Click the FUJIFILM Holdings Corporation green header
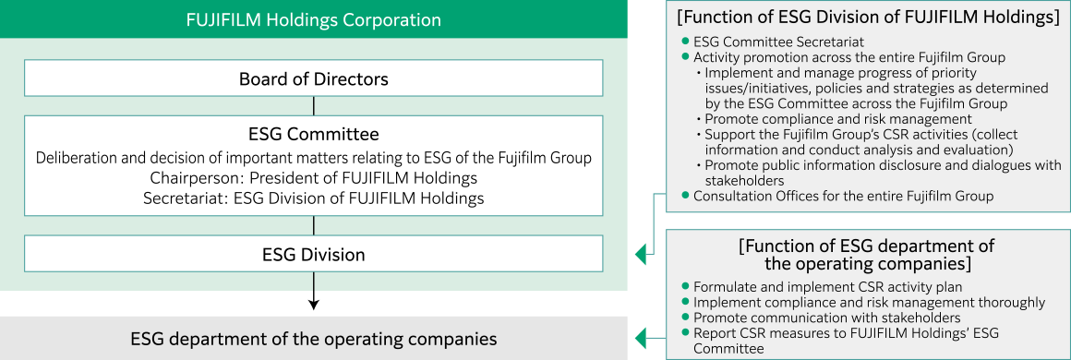tap(314, 19)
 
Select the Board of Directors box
tap(314, 78)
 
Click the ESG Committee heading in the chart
tap(314, 135)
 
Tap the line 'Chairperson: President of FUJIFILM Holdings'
tap(314, 177)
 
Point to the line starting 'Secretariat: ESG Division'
tap(314, 197)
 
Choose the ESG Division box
tap(314, 254)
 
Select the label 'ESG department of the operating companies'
tap(314, 339)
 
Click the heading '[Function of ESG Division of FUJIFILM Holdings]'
tap(868, 18)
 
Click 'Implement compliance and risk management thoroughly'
tap(869, 302)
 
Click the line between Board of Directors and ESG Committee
tap(314, 105)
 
